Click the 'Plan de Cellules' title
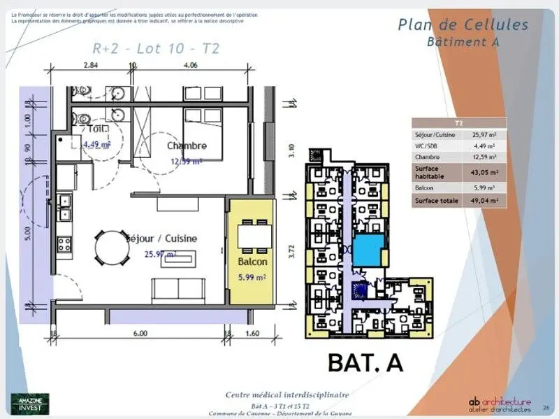coord(463,24)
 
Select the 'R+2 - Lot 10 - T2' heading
coord(156,48)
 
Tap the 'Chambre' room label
coord(187,145)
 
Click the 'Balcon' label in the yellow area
coord(252,262)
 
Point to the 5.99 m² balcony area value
coord(252,276)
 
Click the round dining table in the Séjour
coord(112,249)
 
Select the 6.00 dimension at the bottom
coord(140,334)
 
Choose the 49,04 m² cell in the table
coord(484,200)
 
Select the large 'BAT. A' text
coord(365,362)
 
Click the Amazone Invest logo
coord(29,403)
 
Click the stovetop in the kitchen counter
coord(64,244)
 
